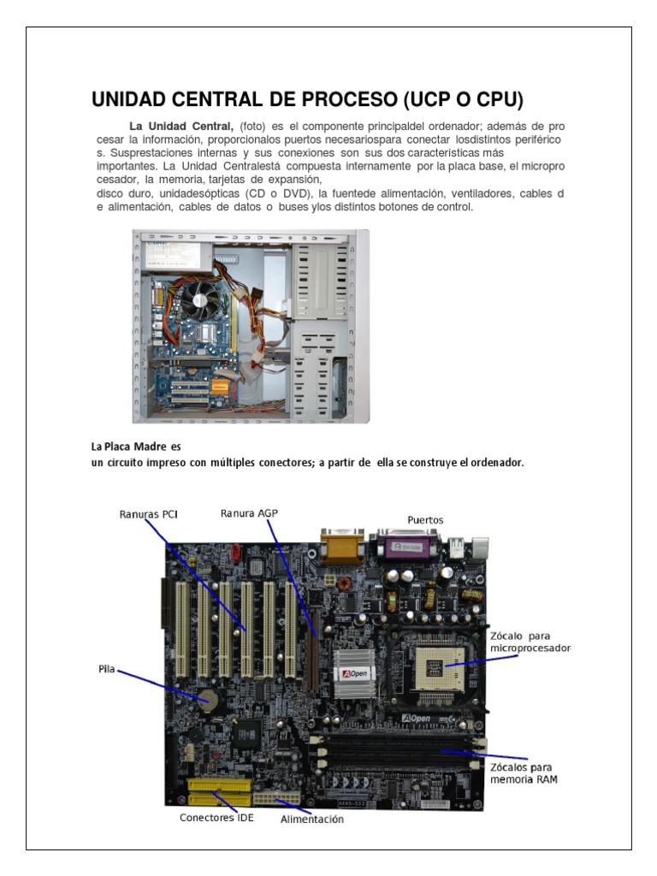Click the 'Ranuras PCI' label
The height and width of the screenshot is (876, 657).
pyautogui.click(x=149, y=515)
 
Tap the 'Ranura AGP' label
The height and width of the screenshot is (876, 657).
pyautogui.click(x=249, y=513)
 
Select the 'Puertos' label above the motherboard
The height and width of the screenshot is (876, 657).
pyautogui.click(x=425, y=519)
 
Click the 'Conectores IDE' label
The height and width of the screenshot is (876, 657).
pyautogui.click(x=216, y=817)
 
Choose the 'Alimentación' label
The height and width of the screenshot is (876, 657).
pyautogui.click(x=312, y=819)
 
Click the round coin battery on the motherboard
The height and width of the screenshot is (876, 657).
pyautogui.click(x=207, y=698)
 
